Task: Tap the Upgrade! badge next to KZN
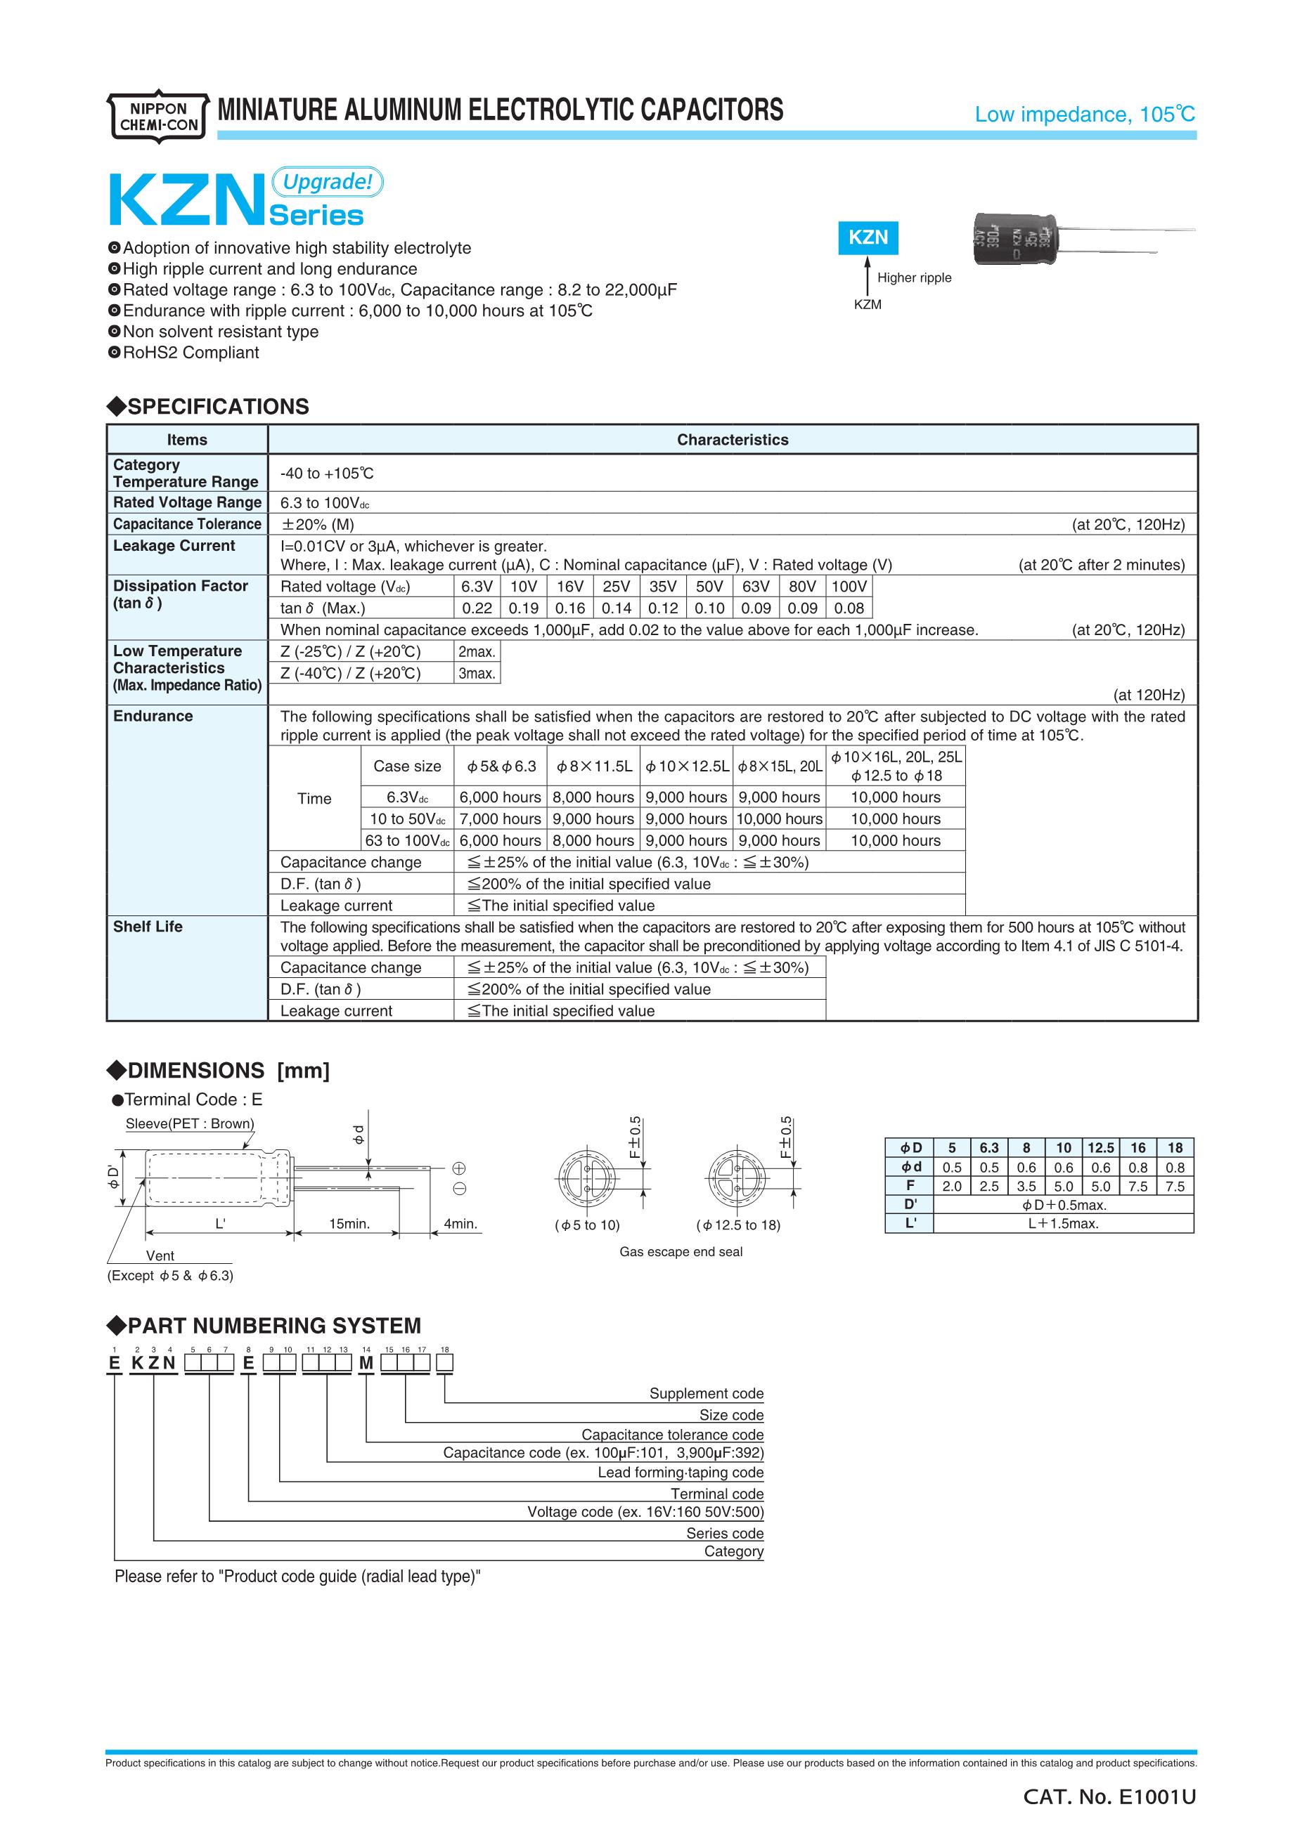click(x=328, y=182)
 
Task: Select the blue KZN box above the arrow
click(x=868, y=237)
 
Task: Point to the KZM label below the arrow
click(x=868, y=304)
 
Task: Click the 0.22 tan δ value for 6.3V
click(x=477, y=608)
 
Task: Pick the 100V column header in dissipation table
click(x=849, y=587)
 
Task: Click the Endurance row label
click(x=153, y=716)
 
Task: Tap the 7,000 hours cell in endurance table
click(x=501, y=819)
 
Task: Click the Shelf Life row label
click(x=148, y=927)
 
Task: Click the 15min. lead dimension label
click(x=349, y=1224)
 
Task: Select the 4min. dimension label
click(x=460, y=1224)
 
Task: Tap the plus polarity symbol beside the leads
click(x=459, y=1168)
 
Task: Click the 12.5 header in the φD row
click(x=1101, y=1147)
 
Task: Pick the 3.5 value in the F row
click(x=1026, y=1186)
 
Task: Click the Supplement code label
click(x=707, y=1394)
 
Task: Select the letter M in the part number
click(x=366, y=1363)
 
